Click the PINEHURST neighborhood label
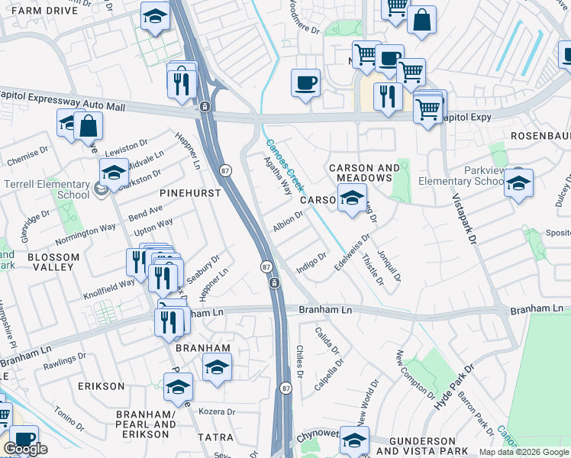[x=190, y=193]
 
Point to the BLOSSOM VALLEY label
[x=50, y=262]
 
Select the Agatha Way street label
[x=278, y=177]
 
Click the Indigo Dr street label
[x=311, y=260]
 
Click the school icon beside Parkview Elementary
[x=518, y=183]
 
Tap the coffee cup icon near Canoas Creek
[x=305, y=82]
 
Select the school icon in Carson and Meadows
[x=351, y=198]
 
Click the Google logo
[x=25, y=449]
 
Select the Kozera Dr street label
[x=217, y=412]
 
